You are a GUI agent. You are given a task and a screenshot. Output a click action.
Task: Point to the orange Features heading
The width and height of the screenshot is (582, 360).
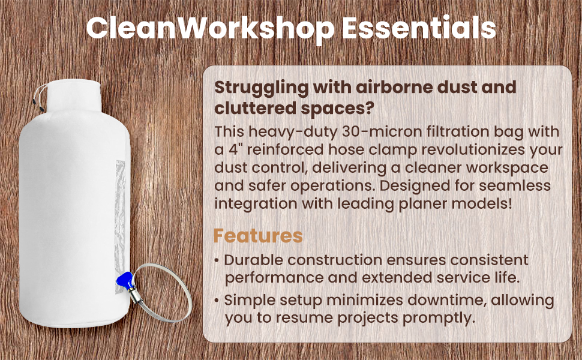[258, 236]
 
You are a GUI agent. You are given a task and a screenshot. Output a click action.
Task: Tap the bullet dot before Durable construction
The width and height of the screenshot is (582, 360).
[217, 261]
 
